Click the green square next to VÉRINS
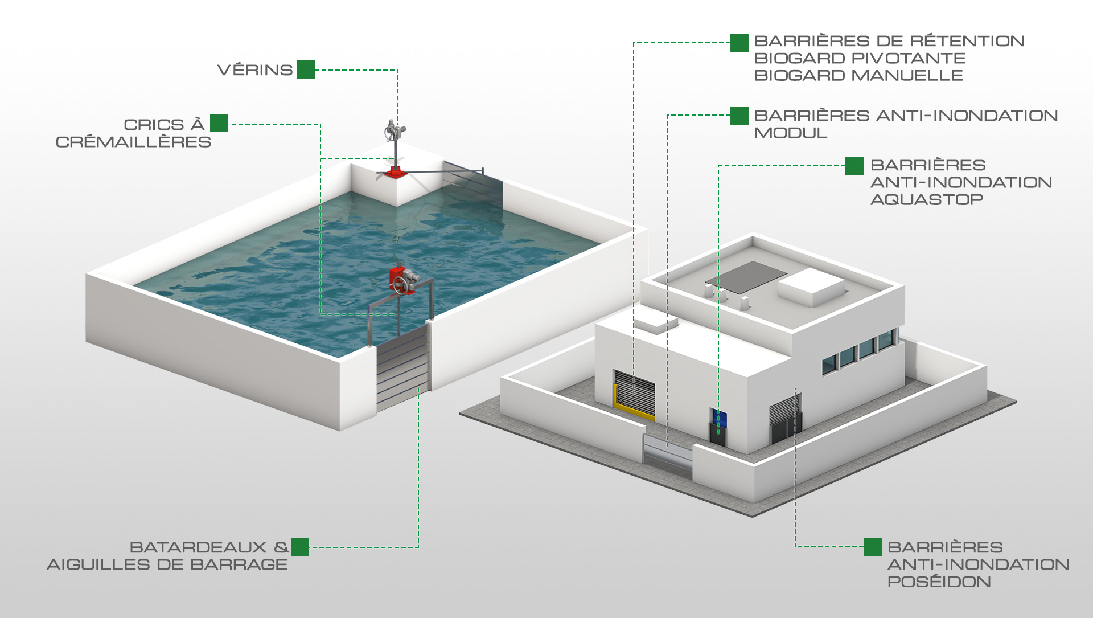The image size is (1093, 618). (306, 69)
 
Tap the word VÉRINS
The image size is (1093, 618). (255, 70)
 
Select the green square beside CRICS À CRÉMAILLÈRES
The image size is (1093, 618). (219, 123)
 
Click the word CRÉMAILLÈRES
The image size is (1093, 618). (133, 142)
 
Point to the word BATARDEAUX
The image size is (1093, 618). (198, 547)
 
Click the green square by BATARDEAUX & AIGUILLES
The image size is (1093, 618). (300, 547)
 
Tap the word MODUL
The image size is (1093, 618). (791, 133)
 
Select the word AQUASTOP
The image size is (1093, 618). (926, 199)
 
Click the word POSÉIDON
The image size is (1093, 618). (939, 582)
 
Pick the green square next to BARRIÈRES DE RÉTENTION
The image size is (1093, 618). (739, 43)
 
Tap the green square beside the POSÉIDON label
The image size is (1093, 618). (873, 547)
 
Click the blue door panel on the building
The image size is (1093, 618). (718, 418)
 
